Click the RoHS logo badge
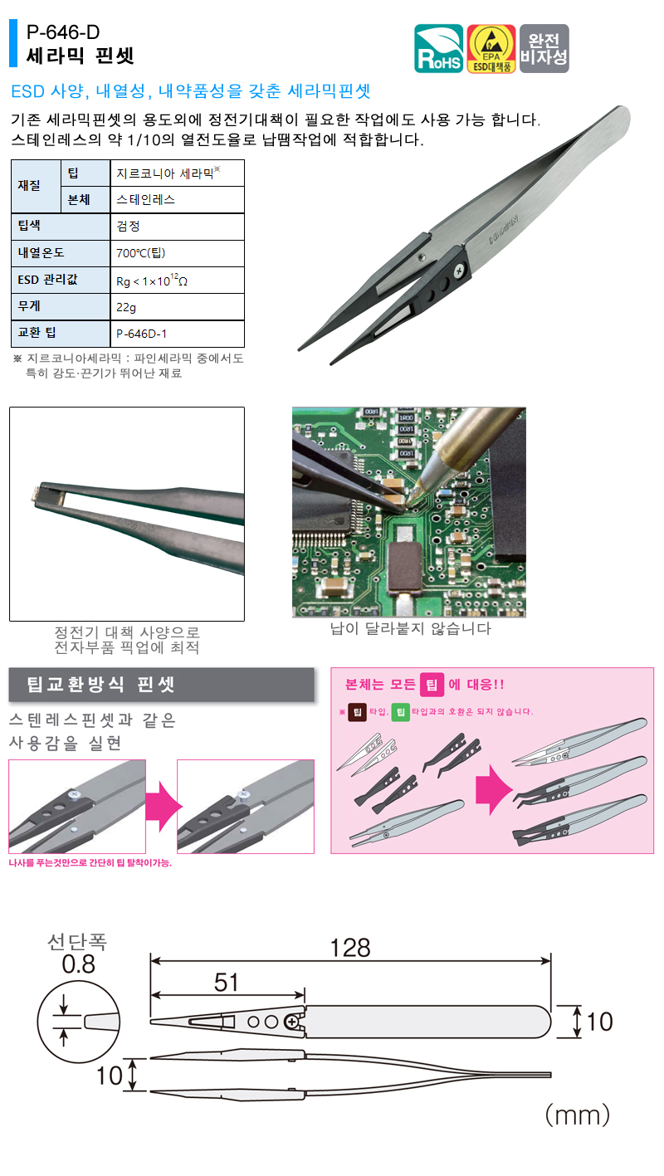pyautogui.click(x=440, y=49)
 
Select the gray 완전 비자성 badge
pyautogui.click(x=544, y=49)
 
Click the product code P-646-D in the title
pyautogui.click(x=63, y=34)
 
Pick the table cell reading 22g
pyautogui.click(x=126, y=306)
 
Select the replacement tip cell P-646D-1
pyautogui.click(x=142, y=334)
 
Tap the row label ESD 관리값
pyautogui.click(x=47, y=280)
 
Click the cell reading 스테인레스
pyautogui.click(x=146, y=200)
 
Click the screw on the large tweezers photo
pyautogui.click(x=458, y=269)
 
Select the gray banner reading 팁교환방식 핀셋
pyautogui.click(x=161, y=686)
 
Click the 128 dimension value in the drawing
pyautogui.click(x=350, y=947)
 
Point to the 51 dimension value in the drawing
pyautogui.click(x=227, y=982)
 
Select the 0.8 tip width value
pyautogui.click(x=79, y=964)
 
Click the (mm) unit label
pyautogui.click(x=577, y=1113)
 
